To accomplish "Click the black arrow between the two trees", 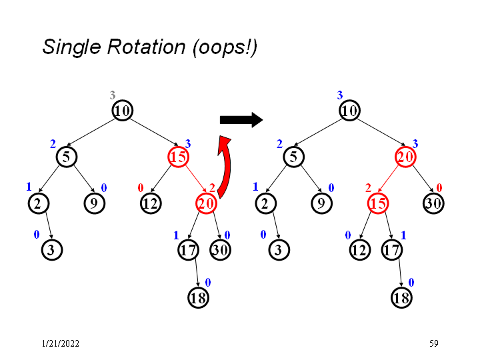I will pyautogui.click(x=241, y=120).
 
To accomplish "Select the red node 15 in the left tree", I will pyautogui.click(x=178, y=157).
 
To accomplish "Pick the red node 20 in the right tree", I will pyautogui.click(x=405, y=157).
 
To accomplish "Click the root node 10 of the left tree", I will pyautogui.click(x=121, y=110).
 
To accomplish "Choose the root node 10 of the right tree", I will pyautogui.click(x=349, y=110).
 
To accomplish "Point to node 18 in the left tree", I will pyautogui.click(x=198, y=297).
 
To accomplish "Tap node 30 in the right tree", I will pyautogui.click(x=433, y=203).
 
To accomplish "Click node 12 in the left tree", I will pyautogui.click(x=150, y=203).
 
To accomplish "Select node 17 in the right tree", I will pyautogui.click(x=392, y=250).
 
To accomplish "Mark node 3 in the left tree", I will pyautogui.click(x=51, y=250).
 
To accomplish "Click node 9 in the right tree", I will pyautogui.click(x=321, y=203).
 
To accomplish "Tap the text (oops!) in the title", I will pyautogui.click(x=224, y=47).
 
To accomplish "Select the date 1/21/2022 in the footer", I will pyautogui.click(x=60, y=343).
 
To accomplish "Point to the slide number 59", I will pyautogui.click(x=433, y=343).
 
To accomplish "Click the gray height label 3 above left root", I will pyautogui.click(x=113, y=96).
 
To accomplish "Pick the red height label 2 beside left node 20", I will pyautogui.click(x=212, y=188).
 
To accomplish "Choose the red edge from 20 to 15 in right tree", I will pyautogui.click(x=391, y=180).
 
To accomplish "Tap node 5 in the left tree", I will pyautogui.click(x=67, y=157).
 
